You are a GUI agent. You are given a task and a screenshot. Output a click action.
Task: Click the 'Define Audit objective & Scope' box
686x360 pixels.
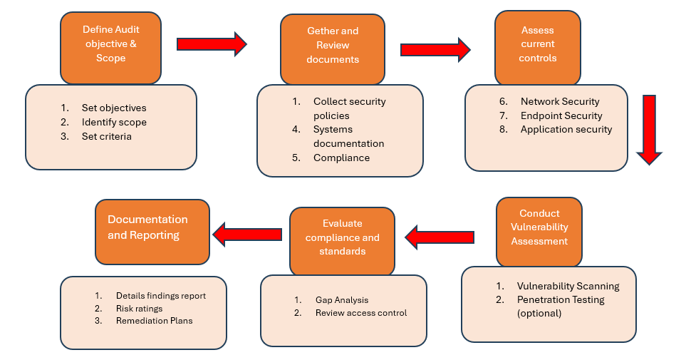tap(110, 48)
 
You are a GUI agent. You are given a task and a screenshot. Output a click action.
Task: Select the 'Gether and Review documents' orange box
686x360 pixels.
tap(333, 49)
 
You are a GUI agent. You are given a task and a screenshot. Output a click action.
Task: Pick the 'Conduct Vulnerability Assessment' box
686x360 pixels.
tap(539, 232)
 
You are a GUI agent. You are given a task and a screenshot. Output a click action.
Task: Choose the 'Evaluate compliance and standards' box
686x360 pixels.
tap(342, 242)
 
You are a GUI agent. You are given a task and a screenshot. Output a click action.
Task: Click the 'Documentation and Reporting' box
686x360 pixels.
tap(152, 232)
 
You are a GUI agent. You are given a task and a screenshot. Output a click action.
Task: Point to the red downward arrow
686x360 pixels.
tap(649, 130)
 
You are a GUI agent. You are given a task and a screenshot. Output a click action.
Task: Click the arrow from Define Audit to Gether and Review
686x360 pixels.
tap(212, 44)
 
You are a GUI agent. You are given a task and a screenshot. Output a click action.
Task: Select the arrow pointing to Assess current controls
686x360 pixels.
tap(435, 50)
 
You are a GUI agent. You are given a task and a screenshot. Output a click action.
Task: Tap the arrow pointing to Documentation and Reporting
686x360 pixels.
tap(247, 235)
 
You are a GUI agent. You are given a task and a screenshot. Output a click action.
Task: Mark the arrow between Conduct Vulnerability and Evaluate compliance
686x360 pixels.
tap(440, 237)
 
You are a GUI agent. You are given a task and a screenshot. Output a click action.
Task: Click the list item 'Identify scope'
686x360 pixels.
tap(114, 122)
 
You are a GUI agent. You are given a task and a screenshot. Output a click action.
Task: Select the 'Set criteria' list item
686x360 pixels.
tap(107, 136)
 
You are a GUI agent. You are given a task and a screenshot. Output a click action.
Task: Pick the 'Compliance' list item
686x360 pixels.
tap(342, 158)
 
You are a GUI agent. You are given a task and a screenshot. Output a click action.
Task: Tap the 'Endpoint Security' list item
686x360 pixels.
tap(561, 115)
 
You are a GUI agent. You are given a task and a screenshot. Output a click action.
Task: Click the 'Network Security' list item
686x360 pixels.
tap(560, 102)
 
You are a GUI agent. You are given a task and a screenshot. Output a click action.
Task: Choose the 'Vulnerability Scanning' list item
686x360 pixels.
tap(568, 286)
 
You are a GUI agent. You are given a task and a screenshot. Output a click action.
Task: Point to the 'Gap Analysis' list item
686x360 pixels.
tap(342, 300)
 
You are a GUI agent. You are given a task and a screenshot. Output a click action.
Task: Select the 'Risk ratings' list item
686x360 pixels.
tap(139, 309)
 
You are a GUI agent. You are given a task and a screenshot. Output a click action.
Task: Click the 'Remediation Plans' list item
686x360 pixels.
tap(155, 321)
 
